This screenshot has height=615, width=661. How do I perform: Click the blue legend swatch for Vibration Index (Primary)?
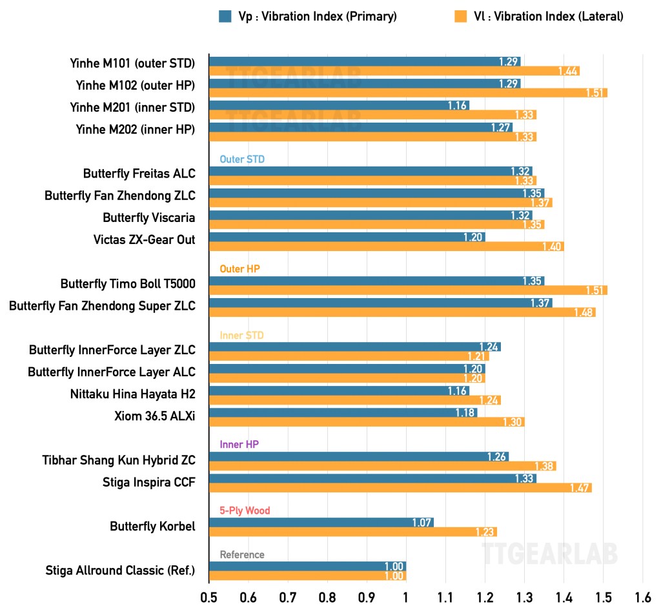225,17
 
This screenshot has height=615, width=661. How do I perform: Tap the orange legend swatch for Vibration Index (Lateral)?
460,17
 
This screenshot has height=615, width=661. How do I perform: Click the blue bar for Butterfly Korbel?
321,522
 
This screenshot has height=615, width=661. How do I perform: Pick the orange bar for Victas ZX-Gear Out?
386,247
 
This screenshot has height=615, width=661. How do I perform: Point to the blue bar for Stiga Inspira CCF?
372,478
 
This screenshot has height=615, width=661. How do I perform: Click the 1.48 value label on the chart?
583,312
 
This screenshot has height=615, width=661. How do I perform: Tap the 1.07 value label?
422,522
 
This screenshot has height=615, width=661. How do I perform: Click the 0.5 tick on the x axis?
208,598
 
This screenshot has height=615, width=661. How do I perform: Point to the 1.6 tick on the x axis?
642,598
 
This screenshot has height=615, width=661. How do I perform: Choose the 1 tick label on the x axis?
405,598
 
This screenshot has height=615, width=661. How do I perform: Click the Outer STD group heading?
242,159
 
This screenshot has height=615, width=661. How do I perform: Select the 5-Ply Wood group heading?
245,510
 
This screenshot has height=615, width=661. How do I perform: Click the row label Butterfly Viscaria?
148,217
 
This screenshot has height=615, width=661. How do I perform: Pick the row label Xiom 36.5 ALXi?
154,416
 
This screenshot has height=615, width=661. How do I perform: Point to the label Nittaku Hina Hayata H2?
132,394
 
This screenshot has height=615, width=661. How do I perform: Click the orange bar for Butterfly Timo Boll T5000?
408,290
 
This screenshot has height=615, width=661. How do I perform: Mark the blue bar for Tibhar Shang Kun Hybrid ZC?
358,457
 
